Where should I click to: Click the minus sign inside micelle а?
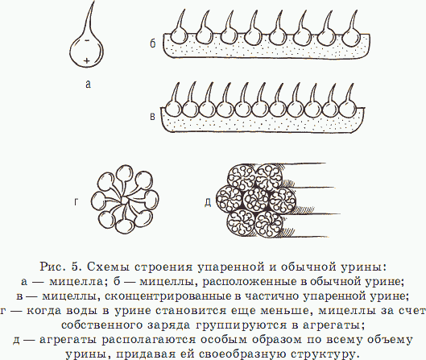[x=87, y=40]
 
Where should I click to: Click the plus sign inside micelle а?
[x=87, y=60]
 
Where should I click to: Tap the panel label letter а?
[x=88, y=85]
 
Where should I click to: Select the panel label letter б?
[x=153, y=43]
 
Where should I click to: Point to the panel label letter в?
[x=153, y=117]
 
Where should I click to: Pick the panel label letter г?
[x=77, y=202]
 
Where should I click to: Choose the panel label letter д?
[x=208, y=202]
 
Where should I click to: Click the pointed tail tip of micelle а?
[x=94, y=2]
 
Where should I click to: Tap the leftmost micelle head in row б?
[x=180, y=36]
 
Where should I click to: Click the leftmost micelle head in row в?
[x=173, y=109]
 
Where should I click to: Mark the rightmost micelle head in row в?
[x=347, y=108]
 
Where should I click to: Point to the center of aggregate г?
[x=124, y=201]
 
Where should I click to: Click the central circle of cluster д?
[x=255, y=201]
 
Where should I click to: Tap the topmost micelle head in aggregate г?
[x=125, y=173]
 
